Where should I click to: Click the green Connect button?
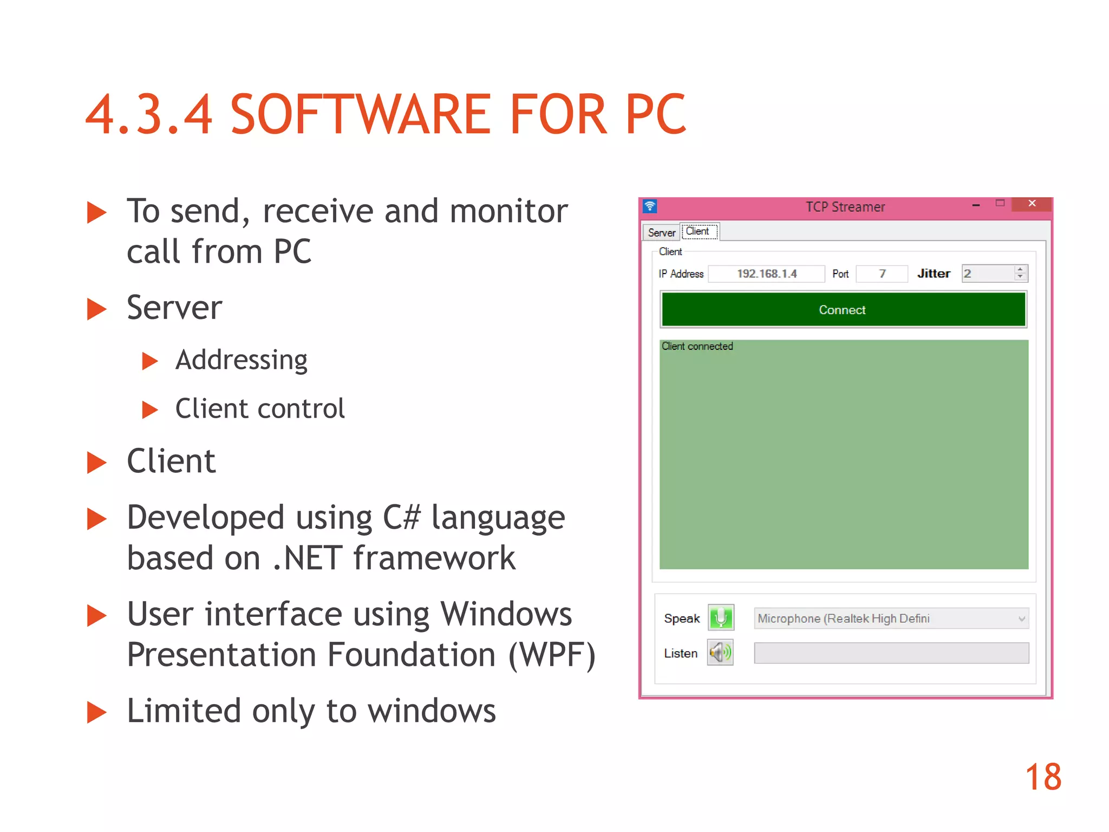click(x=843, y=310)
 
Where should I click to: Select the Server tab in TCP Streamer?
click(x=661, y=233)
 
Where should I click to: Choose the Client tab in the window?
click(x=698, y=231)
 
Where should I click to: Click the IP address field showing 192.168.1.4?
click(x=766, y=274)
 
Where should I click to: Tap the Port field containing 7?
click(x=882, y=274)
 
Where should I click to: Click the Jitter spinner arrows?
click(x=1020, y=274)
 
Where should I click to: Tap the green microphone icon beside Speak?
click(x=721, y=617)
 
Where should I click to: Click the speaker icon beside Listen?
click(x=720, y=653)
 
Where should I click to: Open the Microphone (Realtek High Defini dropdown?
click(x=891, y=619)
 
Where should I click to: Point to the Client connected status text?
click(x=697, y=347)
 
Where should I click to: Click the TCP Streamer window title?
click(x=845, y=207)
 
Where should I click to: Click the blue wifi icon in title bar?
click(x=650, y=206)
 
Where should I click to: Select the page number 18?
click(x=1043, y=777)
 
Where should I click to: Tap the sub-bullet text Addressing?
click(x=242, y=360)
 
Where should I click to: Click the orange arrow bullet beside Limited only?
click(x=97, y=712)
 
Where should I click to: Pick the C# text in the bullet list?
click(x=401, y=517)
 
